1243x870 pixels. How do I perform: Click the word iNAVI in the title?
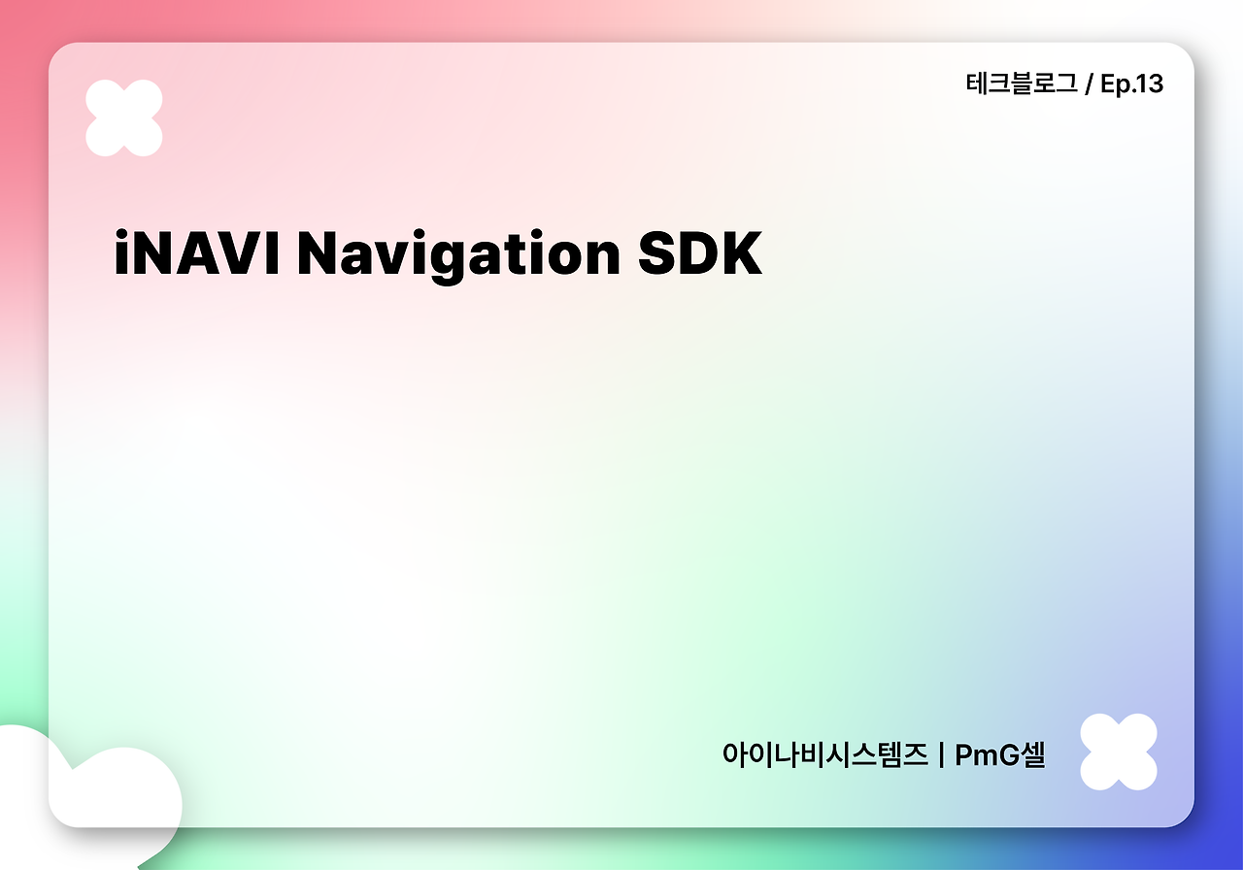pyautogui.click(x=196, y=253)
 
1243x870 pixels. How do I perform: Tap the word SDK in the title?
pyautogui.click(x=699, y=253)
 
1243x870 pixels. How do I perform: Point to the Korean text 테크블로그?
pyautogui.click(x=1021, y=84)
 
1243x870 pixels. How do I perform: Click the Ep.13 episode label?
pyautogui.click(x=1131, y=84)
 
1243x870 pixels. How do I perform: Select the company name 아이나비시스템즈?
pyautogui.click(x=824, y=754)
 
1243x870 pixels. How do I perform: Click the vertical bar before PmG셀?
pyautogui.click(x=942, y=754)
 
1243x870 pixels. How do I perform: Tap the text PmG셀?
pyautogui.click(x=1000, y=754)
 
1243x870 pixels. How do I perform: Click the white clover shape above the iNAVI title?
pyautogui.click(x=123, y=117)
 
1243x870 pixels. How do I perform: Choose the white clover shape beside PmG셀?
pyautogui.click(x=1119, y=752)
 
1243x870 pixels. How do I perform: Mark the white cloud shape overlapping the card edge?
pyautogui.click(x=97, y=791)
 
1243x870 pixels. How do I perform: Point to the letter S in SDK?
pyautogui.click(x=659, y=253)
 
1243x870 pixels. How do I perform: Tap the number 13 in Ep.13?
pyautogui.click(x=1147, y=84)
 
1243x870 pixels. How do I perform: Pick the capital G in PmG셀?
pyautogui.click(x=1007, y=754)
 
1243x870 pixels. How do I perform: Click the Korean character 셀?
pyautogui.click(x=1031, y=754)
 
